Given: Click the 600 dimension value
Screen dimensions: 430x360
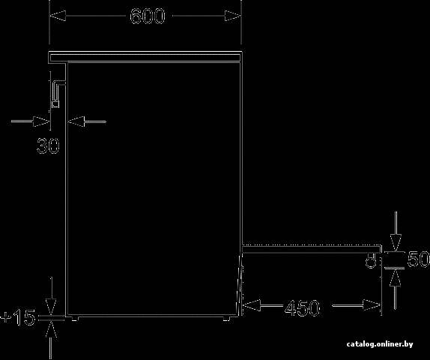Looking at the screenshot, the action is click(148, 16).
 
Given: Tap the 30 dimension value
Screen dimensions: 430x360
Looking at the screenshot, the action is click(48, 145).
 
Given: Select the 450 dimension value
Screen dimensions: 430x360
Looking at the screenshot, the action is click(302, 307).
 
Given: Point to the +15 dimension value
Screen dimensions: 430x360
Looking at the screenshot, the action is click(18, 317).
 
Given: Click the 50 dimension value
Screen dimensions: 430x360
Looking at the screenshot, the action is click(418, 259).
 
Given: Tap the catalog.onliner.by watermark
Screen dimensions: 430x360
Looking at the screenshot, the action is click(380, 344).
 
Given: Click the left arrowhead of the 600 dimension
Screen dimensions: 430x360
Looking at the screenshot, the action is click(58, 16).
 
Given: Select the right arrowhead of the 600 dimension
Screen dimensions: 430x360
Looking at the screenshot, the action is click(232, 16).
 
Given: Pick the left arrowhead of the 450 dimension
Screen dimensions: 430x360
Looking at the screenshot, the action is click(252, 305).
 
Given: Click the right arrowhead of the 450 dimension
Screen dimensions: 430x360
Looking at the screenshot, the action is click(372, 304).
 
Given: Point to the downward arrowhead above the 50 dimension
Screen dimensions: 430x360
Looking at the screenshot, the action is click(396, 242).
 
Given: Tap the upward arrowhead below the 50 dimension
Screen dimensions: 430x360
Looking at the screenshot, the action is click(395, 277).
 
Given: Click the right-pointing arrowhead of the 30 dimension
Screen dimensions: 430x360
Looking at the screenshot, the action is click(41, 121).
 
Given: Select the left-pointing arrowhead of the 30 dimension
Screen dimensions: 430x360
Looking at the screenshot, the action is click(76, 121).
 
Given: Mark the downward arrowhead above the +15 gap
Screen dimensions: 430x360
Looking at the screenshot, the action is click(51, 307).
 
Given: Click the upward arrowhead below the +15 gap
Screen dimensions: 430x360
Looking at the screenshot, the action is click(51, 329).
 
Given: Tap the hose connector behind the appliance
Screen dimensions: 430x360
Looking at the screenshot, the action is click(57, 93).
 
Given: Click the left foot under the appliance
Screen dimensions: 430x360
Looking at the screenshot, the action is click(75, 319).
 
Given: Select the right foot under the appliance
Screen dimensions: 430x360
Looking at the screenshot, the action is click(226, 319).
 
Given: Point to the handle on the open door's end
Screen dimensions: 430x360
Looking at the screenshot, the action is click(371, 261).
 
